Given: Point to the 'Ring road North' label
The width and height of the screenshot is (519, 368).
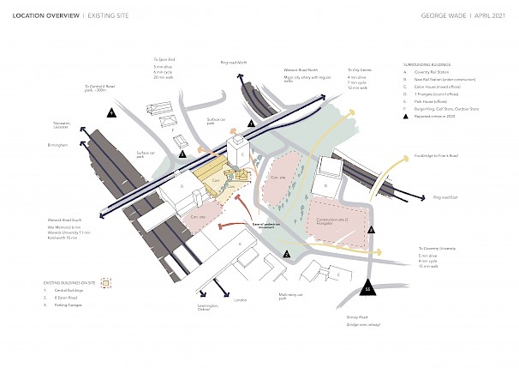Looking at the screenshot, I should [x=233, y=63].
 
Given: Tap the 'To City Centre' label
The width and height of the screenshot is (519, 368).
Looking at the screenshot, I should [x=360, y=69].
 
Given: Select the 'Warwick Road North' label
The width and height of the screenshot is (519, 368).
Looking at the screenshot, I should [x=301, y=70].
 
